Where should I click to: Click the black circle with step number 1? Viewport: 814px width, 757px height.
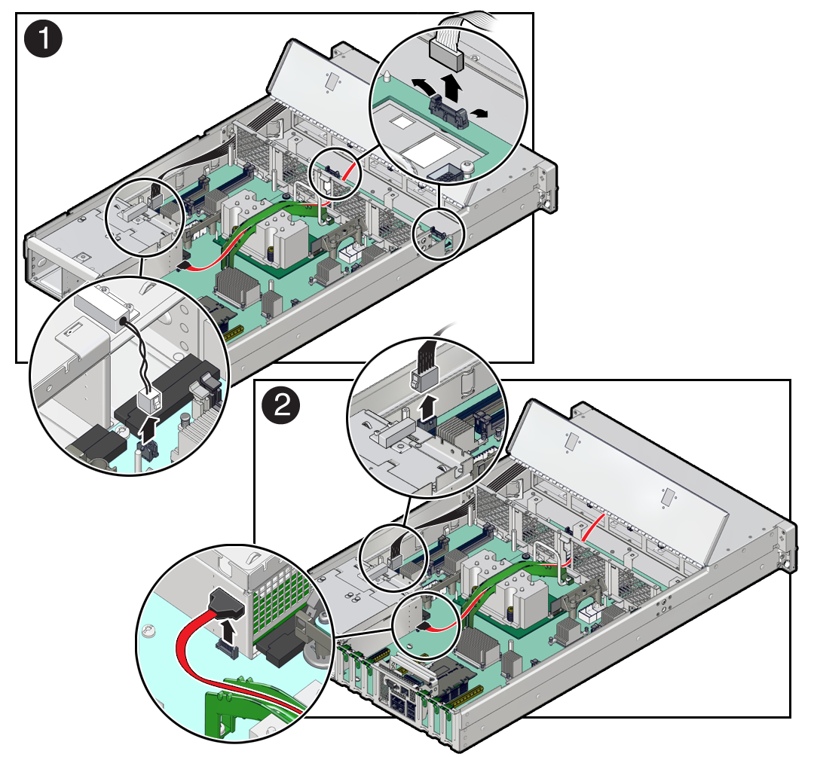[44, 38]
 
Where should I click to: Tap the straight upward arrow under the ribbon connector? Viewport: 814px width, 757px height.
[451, 87]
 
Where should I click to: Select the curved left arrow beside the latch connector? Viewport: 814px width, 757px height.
[424, 86]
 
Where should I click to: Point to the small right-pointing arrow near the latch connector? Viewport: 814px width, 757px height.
[480, 112]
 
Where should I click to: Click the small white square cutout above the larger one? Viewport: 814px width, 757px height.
[400, 121]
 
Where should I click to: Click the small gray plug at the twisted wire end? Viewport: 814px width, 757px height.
[149, 401]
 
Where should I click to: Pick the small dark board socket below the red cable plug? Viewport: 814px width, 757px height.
[226, 649]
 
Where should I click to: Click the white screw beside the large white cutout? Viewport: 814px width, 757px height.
[468, 169]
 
